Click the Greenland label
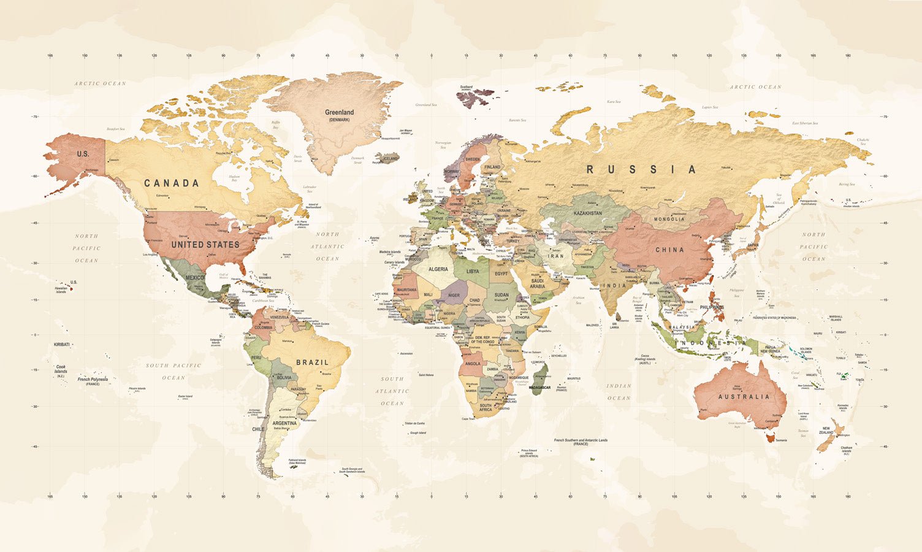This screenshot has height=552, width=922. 339,113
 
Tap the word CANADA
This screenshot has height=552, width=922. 172,183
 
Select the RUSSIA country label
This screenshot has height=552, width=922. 641,169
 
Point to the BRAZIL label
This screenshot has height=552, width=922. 313,362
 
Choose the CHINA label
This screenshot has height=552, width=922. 669,250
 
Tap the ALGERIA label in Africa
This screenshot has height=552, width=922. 438,269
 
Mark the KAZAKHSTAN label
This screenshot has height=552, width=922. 587,213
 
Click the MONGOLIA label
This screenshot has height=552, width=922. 669,219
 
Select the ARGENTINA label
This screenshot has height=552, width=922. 284,423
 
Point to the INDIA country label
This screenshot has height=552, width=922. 614,286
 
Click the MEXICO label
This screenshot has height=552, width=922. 195,278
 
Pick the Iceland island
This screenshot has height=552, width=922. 389,159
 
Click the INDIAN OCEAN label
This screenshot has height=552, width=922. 619,392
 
